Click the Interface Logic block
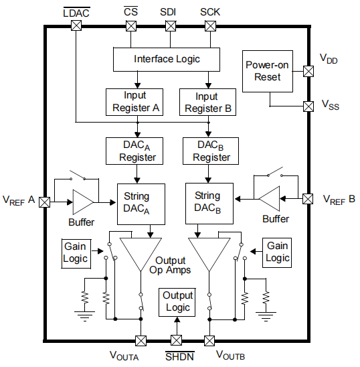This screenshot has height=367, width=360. [x=167, y=59]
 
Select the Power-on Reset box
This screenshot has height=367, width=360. [x=268, y=71]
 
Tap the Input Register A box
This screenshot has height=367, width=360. [x=134, y=102]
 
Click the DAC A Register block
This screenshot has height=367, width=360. [x=137, y=151]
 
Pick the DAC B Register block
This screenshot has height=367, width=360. [x=211, y=151]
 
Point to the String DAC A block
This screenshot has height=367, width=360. [x=137, y=203]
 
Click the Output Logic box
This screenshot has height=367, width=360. [x=177, y=301]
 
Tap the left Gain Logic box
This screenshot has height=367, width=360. [x=76, y=252]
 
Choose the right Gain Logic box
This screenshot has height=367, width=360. [x=277, y=252]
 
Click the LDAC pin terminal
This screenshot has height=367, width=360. [x=76, y=26]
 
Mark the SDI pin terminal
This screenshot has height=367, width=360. [x=170, y=26]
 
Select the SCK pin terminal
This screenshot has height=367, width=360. [x=211, y=26]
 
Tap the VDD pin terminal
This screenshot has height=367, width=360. [x=308, y=71]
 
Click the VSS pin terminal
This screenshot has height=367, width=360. [x=308, y=106]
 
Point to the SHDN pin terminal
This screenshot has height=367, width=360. [x=177, y=340]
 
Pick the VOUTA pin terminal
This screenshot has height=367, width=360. [x=141, y=340]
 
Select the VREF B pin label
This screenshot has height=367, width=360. [x=339, y=200]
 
